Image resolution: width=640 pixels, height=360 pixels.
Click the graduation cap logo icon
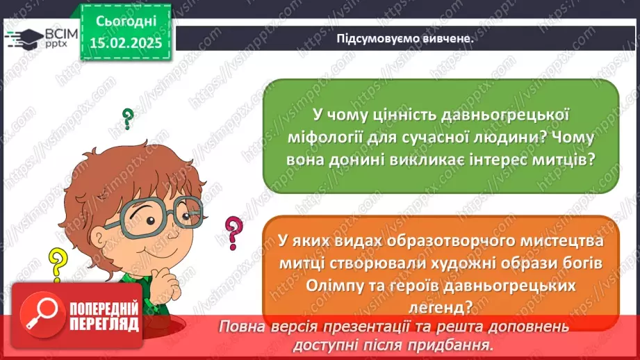coord(24,37)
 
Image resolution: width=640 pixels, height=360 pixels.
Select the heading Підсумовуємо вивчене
coord(404,39)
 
